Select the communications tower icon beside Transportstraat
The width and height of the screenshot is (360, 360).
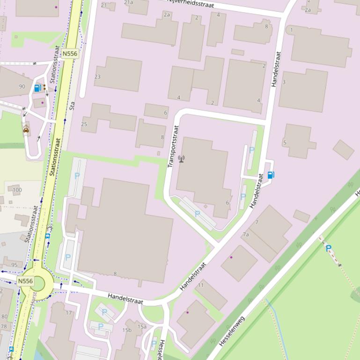click(x=181, y=159)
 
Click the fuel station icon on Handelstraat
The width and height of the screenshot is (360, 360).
click(x=271, y=175)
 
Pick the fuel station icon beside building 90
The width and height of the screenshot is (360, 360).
click(x=37, y=87)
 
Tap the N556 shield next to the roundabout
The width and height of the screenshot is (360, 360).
click(x=25, y=281)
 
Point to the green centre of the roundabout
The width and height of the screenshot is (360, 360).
click(x=36, y=283)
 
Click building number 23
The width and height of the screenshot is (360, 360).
click(x=97, y=77)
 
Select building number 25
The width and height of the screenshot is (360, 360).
click(x=84, y=124)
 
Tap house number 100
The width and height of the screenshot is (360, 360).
click(x=17, y=190)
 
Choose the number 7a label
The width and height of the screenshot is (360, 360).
click(x=246, y=234)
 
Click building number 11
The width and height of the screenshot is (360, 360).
click(x=201, y=285)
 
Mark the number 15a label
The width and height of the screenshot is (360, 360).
click(x=142, y=326)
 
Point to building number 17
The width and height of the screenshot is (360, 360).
click(x=69, y=313)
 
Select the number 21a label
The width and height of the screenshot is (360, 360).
click(x=128, y=2)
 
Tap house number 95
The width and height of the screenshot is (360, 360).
click(x=14, y=265)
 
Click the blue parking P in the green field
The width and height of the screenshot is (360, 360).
click(x=328, y=249)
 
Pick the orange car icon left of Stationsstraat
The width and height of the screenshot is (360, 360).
click(x=26, y=130)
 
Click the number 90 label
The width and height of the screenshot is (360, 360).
click(x=22, y=86)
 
